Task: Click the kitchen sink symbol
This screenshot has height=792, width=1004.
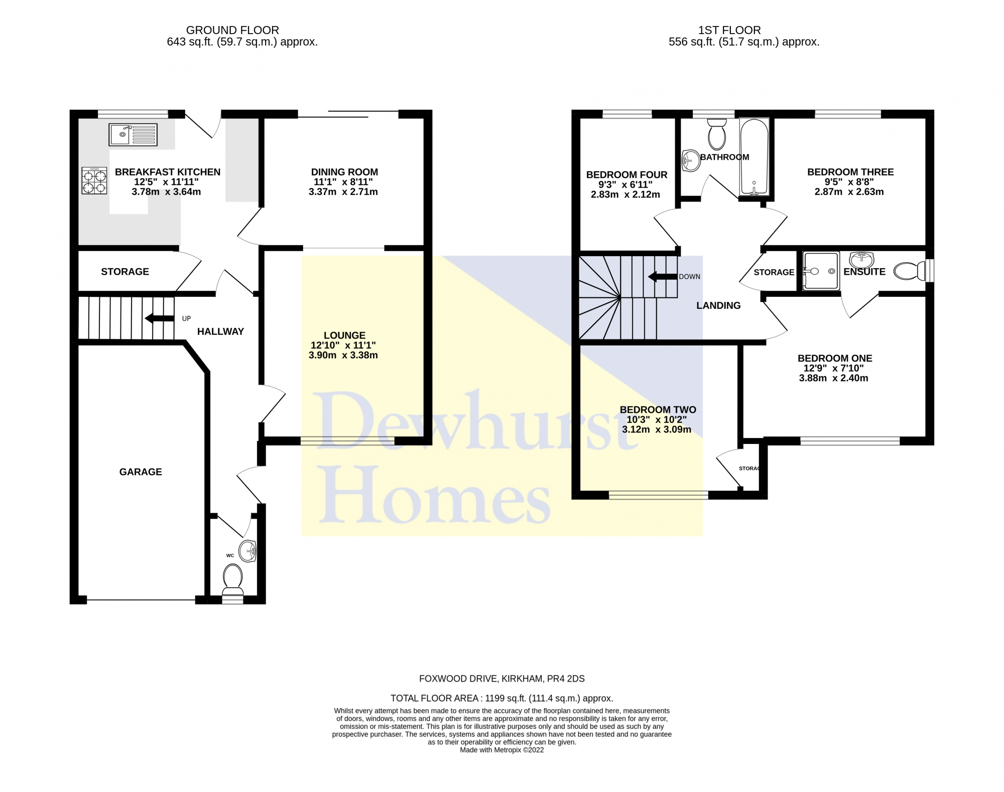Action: (133, 135)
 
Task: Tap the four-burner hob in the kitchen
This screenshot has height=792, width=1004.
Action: (94, 180)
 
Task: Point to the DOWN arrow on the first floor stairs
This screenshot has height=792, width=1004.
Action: (662, 277)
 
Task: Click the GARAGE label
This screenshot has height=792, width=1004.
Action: (141, 472)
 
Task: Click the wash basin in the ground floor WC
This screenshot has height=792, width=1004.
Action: (247, 551)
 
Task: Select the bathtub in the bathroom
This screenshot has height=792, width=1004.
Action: (754, 157)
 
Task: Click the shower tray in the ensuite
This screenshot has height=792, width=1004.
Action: (821, 271)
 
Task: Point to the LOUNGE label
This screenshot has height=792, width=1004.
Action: (344, 335)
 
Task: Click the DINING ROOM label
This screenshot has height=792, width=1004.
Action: (344, 172)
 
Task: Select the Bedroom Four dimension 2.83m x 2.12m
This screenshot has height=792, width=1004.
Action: (625, 194)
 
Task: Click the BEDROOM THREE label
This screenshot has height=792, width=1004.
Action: (850, 172)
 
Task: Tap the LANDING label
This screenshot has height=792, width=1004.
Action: (718, 305)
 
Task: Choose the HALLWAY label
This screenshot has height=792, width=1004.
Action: (220, 331)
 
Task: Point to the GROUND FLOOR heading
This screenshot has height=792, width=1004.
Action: (232, 30)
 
